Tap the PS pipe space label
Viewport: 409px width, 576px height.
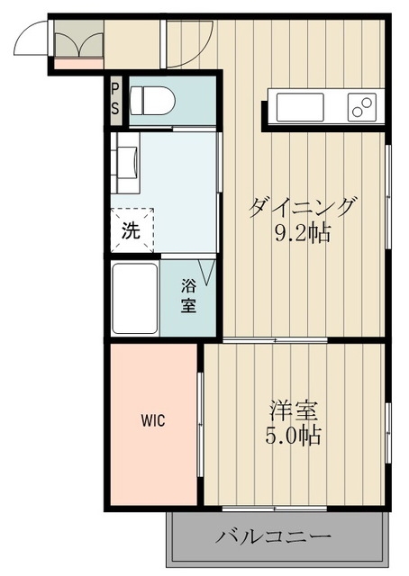point(115,99)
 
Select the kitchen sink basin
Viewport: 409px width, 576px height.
point(300,107)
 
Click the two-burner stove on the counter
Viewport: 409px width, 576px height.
point(362,107)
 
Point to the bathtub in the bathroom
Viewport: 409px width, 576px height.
point(135,298)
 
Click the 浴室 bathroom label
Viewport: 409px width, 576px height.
point(188,296)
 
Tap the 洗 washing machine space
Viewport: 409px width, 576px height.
point(132,230)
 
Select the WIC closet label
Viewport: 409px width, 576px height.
point(153,420)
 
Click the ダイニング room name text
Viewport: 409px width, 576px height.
point(303,208)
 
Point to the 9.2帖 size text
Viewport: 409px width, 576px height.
point(303,233)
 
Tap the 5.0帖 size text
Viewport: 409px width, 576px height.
point(293,436)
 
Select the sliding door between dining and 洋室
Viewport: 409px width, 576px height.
point(275,340)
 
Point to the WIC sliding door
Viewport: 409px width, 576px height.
point(201,424)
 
